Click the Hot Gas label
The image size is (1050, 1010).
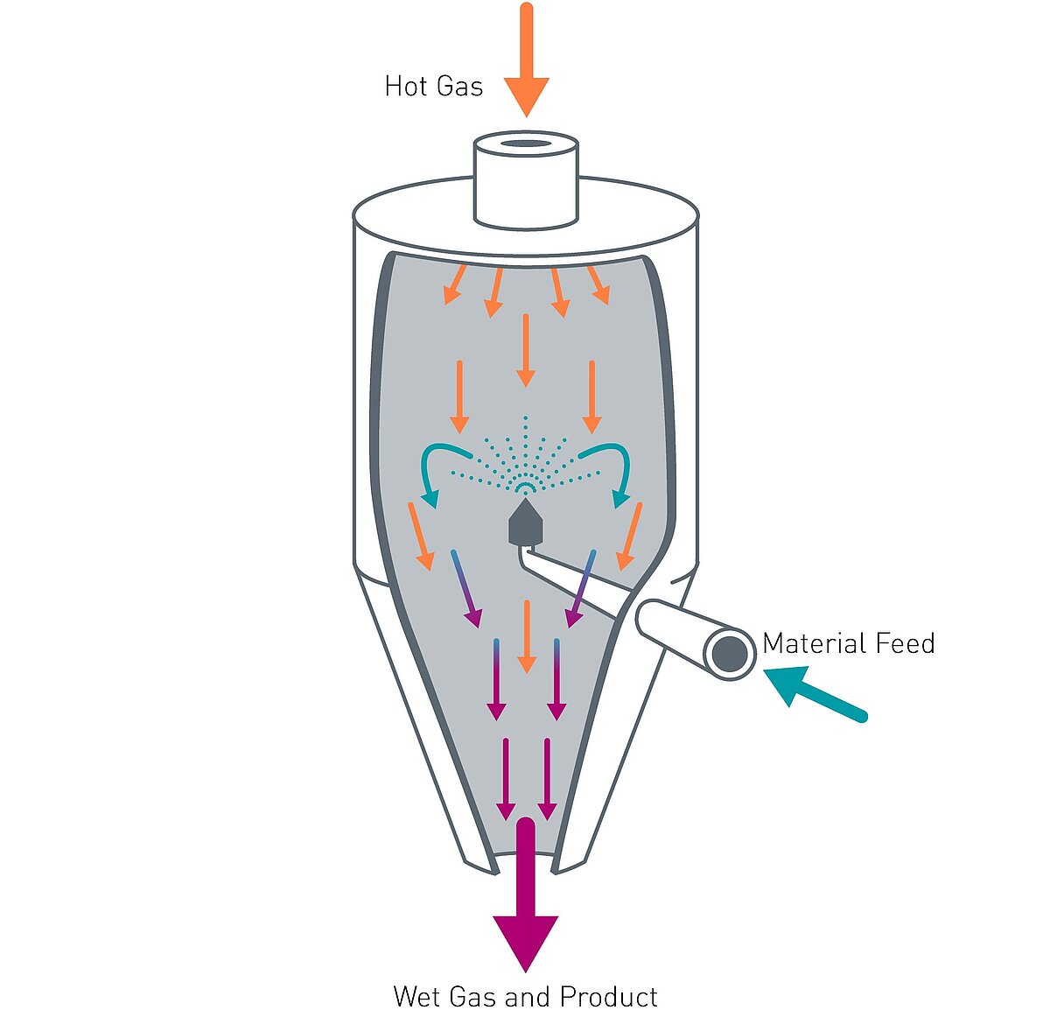click(x=434, y=87)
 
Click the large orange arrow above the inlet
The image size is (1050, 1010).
click(x=526, y=61)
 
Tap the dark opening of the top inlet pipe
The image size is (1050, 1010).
click(x=526, y=144)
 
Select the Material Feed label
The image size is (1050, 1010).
click(x=848, y=643)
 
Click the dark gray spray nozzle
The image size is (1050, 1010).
click(x=526, y=523)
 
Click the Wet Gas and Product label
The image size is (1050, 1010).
click(x=525, y=996)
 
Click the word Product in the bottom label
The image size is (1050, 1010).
click(x=608, y=996)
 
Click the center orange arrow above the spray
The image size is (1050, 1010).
click(x=525, y=350)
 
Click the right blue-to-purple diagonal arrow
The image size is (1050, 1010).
click(x=582, y=588)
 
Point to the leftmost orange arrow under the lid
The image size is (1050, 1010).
click(x=455, y=284)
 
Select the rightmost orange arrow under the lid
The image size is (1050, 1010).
click(x=598, y=284)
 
